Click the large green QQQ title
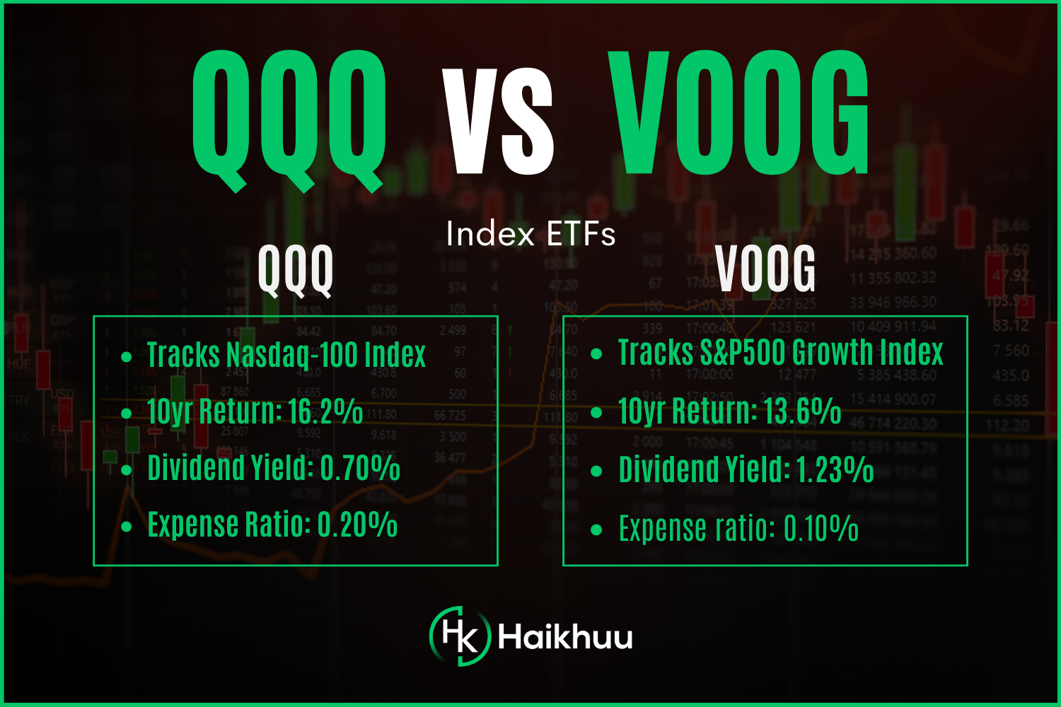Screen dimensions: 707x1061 coord(289,117)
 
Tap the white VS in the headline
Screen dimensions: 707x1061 coord(499,120)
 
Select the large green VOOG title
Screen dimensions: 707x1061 coord(741,113)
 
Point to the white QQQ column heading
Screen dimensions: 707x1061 coord(296,269)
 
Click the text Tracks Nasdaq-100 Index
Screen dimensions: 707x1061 coord(286,355)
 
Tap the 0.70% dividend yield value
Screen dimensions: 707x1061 coord(360,468)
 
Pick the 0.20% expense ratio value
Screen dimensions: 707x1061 coord(357,525)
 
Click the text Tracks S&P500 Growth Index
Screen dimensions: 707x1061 coord(780,352)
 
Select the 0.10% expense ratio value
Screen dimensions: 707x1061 coord(821,528)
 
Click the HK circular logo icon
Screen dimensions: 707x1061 coord(460,636)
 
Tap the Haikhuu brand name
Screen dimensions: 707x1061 coord(565,637)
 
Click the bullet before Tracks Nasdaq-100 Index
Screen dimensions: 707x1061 coord(127,357)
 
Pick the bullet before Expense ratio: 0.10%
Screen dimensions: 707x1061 coord(596,530)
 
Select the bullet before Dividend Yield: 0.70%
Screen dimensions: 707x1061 coord(127,470)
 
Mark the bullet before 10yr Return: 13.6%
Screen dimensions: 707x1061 coord(596,412)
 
